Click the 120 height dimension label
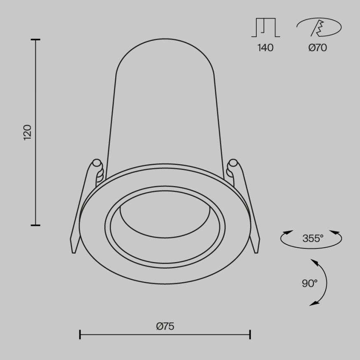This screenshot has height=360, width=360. click(x=28, y=132)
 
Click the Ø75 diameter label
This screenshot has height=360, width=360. click(x=165, y=326)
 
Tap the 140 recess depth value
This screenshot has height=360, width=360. click(x=265, y=48)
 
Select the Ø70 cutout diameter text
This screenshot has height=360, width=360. click(x=317, y=48)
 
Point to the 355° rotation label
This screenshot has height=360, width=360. click(x=313, y=238)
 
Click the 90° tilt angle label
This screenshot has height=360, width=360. click(x=309, y=283)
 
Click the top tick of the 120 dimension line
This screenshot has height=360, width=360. click(x=36, y=40)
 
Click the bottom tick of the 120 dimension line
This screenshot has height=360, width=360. click(x=36, y=225)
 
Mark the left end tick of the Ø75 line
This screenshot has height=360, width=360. click(x=80, y=334)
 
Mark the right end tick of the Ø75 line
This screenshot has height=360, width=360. click(x=250, y=334)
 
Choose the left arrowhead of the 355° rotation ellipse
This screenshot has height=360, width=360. click(x=286, y=233)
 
